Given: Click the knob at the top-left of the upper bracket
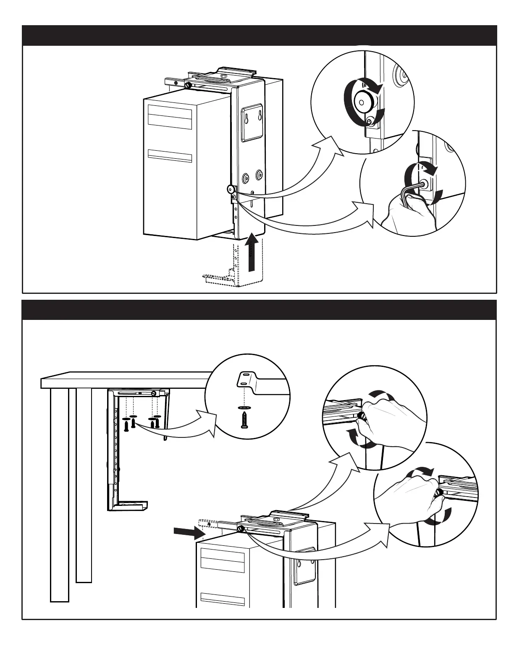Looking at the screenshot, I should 187,85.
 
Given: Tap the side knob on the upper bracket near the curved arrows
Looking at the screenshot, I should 231,189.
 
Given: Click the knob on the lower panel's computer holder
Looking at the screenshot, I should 241,529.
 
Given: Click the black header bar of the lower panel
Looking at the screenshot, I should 259,310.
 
